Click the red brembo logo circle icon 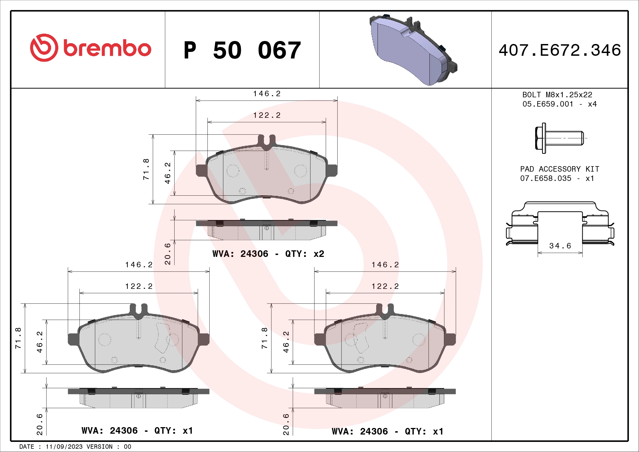point(44,48)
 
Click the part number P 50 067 point(242,50)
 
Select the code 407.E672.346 point(560,50)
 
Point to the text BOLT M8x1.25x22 point(557,95)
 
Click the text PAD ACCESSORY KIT point(560,169)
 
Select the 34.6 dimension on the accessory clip point(560,246)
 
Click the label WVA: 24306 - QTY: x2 point(268,254)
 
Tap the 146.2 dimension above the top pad point(267,94)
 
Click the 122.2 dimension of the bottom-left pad point(139,286)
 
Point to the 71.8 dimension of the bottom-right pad point(264,338)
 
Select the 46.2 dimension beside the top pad point(167,173)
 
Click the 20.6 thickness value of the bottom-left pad point(40,424)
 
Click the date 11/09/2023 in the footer point(64,447)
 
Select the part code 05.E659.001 point(548,104)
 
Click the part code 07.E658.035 point(546,178)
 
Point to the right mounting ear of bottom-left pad point(204,339)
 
